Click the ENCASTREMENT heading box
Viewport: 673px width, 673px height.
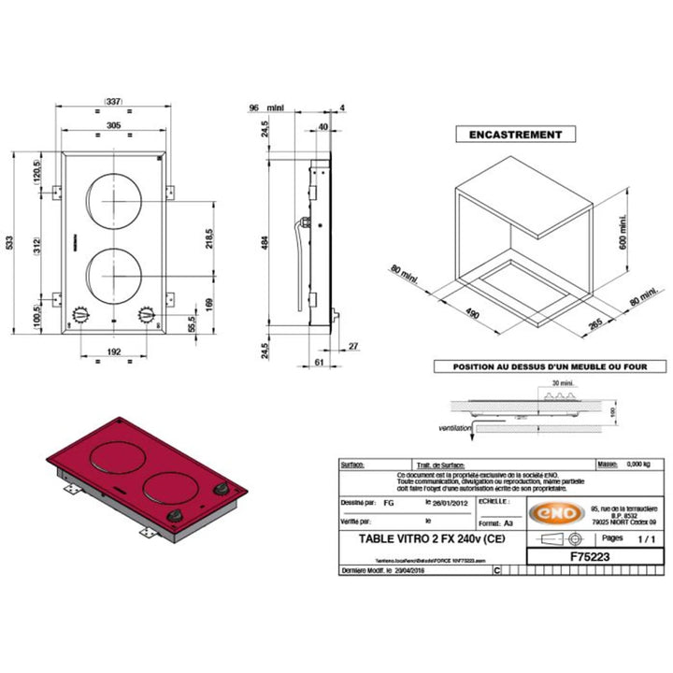tap(515, 135)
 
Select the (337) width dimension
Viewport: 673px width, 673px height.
tap(113, 104)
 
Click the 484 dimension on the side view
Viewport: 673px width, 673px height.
tap(266, 241)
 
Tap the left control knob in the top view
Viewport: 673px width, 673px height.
tap(81, 315)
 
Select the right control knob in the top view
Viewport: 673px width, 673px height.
tap(145, 315)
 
